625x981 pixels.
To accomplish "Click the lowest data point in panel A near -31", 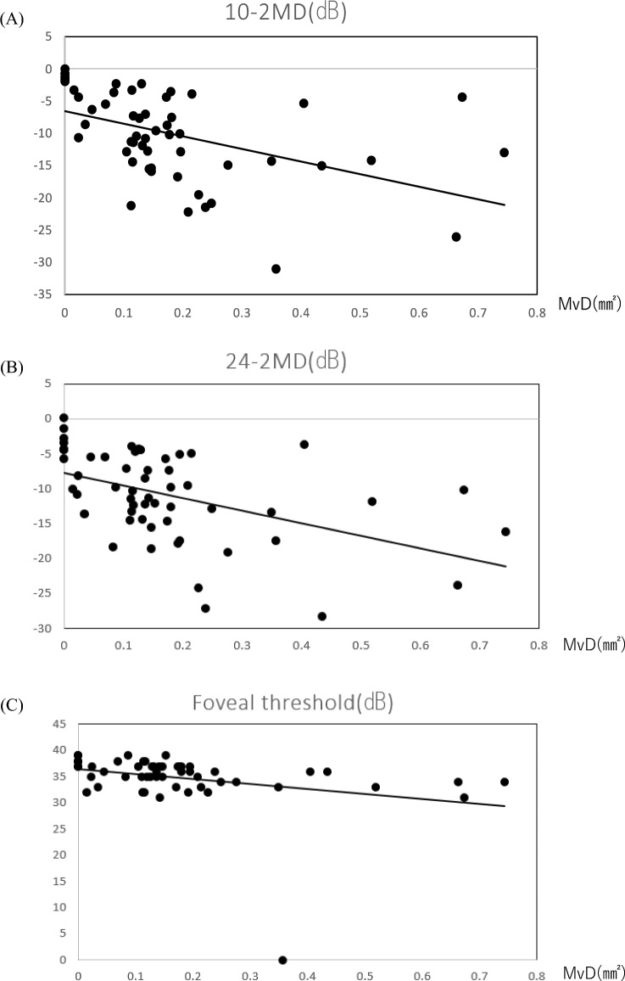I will (x=276, y=269).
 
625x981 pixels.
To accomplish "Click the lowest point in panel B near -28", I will (x=322, y=616).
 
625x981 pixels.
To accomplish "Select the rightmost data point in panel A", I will (x=505, y=153).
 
